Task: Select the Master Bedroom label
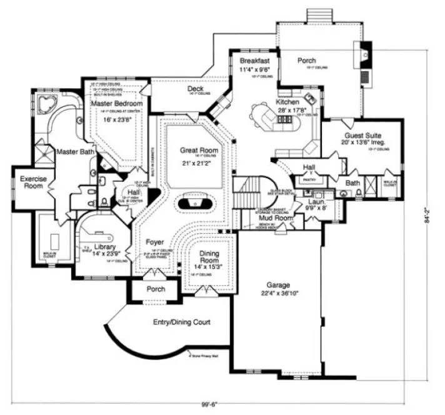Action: tap(117, 103)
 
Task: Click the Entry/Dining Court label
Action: tap(181, 322)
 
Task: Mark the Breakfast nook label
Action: tap(254, 61)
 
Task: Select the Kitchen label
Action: tap(287, 101)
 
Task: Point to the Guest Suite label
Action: tap(363, 135)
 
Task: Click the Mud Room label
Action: tap(276, 218)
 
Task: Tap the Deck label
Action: tap(195, 89)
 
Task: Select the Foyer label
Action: tap(155, 241)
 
